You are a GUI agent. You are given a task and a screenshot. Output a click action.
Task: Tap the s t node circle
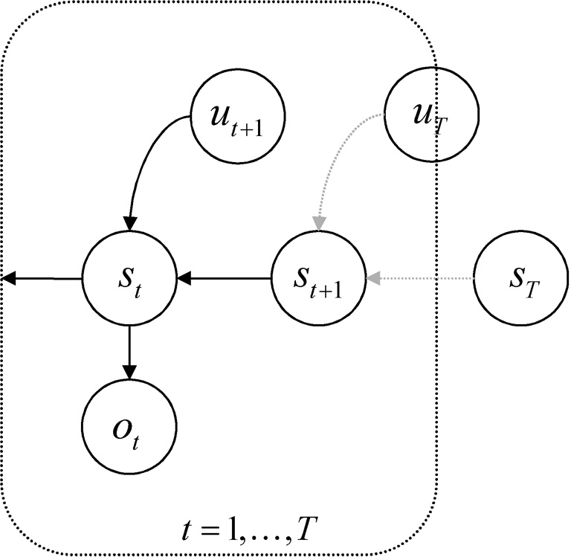pyautogui.click(x=129, y=279)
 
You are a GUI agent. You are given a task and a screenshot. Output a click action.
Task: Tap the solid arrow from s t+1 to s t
pyautogui.click(x=223, y=279)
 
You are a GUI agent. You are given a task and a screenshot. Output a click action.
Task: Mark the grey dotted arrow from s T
pyautogui.click(x=424, y=279)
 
